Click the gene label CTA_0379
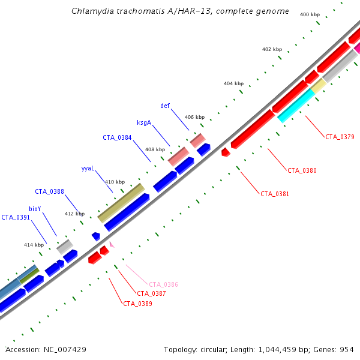point(340,137)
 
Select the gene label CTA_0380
point(302,171)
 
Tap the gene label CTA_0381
point(274,194)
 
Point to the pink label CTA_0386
point(163,284)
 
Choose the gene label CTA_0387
point(151,293)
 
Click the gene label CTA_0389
point(137,304)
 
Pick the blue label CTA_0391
point(16,217)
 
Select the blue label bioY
point(35,209)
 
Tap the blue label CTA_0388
point(49,191)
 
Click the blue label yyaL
point(88,169)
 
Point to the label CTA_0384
point(117,137)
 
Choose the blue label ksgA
point(143,123)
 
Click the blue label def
point(165,106)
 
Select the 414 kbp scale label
point(34,245)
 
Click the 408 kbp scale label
point(155,149)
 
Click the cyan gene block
point(296,105)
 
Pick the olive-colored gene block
point(121,203)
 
